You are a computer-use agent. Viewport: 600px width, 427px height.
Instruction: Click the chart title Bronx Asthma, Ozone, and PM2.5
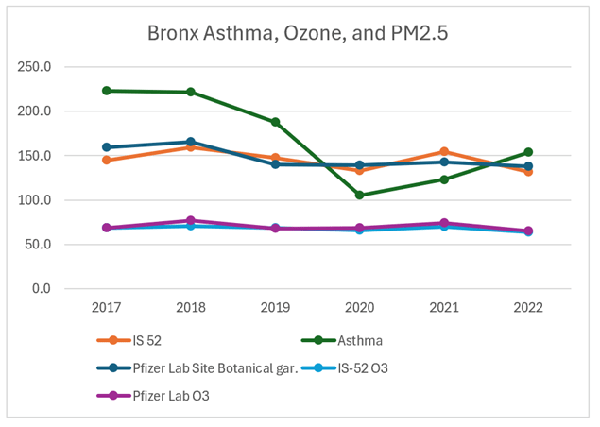[x=298, y=33]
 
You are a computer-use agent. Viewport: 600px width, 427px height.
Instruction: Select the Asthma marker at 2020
[x=360, y=195]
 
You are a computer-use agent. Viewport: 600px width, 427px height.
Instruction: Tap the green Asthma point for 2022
[x=528, y=152]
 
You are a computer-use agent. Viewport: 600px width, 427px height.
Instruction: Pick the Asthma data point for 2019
[x=275, y=122]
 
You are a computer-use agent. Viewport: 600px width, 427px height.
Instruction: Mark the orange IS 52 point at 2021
[x=443, y=151]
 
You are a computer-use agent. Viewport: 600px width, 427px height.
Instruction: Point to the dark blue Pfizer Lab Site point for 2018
[x=190, y=142]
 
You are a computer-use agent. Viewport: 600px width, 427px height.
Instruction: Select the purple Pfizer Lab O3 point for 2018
[x=190, y=220]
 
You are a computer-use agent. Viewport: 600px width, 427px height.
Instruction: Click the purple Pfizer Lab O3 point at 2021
[x=443, y=223]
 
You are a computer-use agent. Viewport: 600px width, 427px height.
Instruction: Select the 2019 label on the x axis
[x=275, y=308]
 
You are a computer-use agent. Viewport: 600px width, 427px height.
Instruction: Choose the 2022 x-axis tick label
[x=528, y=308]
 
